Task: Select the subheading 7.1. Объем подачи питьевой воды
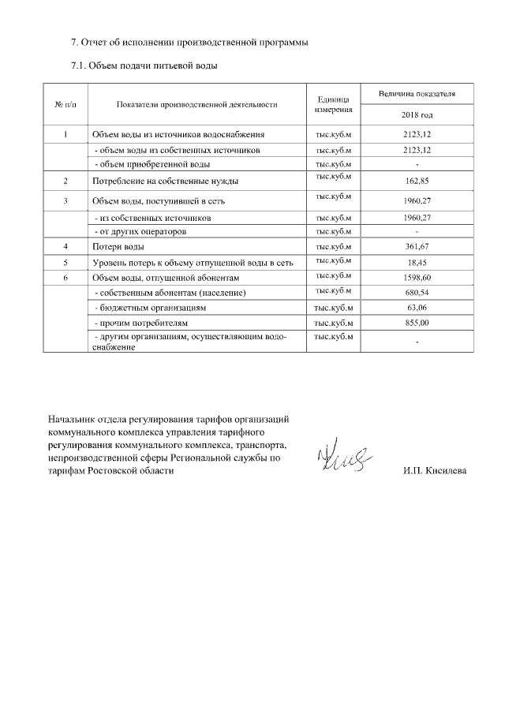[x=144, y=65]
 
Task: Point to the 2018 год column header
[x=417, y=114]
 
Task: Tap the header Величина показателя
[x=417, y=93]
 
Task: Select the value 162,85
[x=417, y=181]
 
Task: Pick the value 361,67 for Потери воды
[x=417, y=248]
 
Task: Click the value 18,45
[x=417, y=263]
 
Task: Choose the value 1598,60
[x=417, y=278]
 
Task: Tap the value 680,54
[x=417, y=293]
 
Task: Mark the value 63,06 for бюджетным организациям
[x=417, y=308]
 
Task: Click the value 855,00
[x=417, y=323]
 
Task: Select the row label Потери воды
[x=118, y=248]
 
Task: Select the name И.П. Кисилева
[x=433, y=470]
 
